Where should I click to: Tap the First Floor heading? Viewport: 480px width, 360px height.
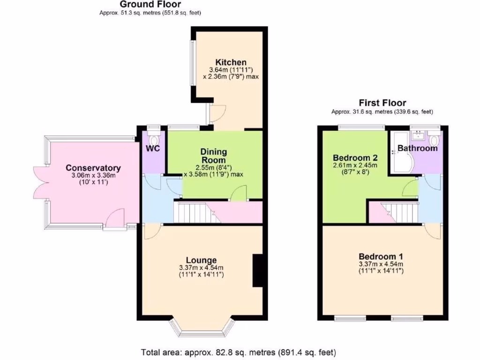pos(382,103)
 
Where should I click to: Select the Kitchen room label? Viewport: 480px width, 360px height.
pos(231,62)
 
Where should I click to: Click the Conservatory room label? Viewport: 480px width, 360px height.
pos(93,168)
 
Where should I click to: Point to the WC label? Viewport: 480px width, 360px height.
pos(153,149)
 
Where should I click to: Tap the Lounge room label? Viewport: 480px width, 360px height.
pos(201,260)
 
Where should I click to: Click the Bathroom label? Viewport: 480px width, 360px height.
pos(417,149)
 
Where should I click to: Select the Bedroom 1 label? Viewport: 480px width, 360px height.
pos(381,257)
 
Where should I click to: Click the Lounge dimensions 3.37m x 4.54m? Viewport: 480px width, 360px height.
pos(201,268)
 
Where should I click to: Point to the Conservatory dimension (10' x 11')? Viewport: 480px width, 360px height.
pos(93,182)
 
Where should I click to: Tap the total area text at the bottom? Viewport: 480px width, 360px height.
pos(239,352)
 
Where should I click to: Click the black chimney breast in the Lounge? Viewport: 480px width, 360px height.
pos(257,270)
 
